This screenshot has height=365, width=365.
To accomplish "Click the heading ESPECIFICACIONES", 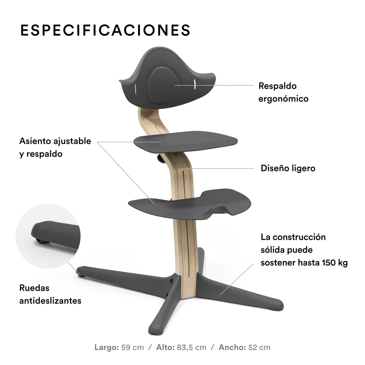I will coord(105,30).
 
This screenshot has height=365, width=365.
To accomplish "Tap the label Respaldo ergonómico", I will coord(283,92).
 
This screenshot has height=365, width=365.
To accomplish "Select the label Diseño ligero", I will coord(288,168).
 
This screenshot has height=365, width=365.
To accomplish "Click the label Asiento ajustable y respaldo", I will coord(55,147).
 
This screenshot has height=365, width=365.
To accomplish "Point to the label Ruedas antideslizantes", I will coord(50,294).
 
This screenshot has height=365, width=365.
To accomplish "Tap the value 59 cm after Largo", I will coord(133,347).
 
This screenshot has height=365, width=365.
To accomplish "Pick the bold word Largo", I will coord(107,347).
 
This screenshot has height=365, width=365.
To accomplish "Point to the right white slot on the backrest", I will coord(195,85).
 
